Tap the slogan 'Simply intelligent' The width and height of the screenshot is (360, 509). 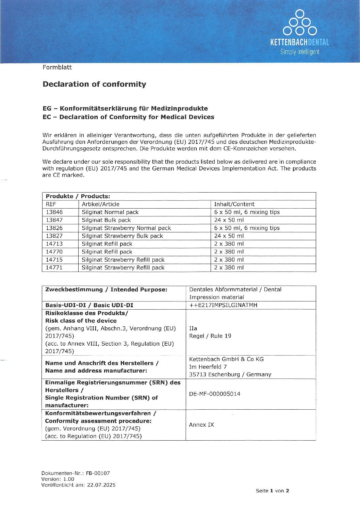click(300, 52)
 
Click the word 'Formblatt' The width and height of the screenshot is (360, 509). click(57, 67)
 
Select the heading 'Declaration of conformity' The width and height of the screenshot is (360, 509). click(94, 84)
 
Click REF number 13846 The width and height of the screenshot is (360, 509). click(54, 212)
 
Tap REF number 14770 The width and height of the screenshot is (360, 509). click(54, 252)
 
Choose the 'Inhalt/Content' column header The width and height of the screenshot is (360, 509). click(234, 204)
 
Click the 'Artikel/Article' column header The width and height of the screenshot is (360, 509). click(100, 204)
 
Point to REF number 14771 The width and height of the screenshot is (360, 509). click(54, 267)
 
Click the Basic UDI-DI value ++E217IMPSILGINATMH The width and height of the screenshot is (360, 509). click(223, 305)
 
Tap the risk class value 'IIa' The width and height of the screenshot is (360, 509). click(193, 328)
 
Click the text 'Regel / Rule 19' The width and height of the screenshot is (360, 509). click(210, 336)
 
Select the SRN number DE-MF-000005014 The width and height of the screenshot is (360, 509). click(215, 394)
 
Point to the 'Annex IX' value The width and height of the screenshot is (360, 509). click(201, 425)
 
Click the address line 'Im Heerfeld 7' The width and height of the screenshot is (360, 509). click(208, 367)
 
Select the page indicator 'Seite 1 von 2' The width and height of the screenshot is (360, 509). click(272, 491)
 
